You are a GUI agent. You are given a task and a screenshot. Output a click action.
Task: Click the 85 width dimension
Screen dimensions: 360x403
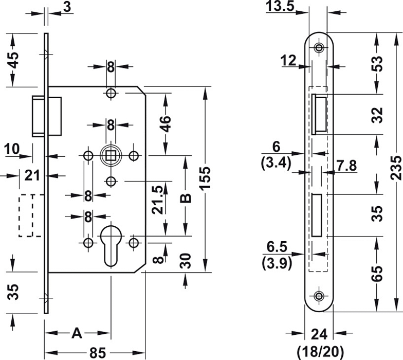pos(98,352)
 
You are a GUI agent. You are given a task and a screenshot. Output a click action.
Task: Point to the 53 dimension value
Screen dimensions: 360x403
pos(378,63)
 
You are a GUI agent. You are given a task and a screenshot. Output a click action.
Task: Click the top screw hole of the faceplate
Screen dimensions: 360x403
pos(320,48)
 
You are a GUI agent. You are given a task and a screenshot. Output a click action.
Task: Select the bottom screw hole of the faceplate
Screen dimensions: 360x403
pos(320,297)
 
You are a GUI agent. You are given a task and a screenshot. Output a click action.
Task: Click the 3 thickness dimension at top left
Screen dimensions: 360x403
pos(67,6)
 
